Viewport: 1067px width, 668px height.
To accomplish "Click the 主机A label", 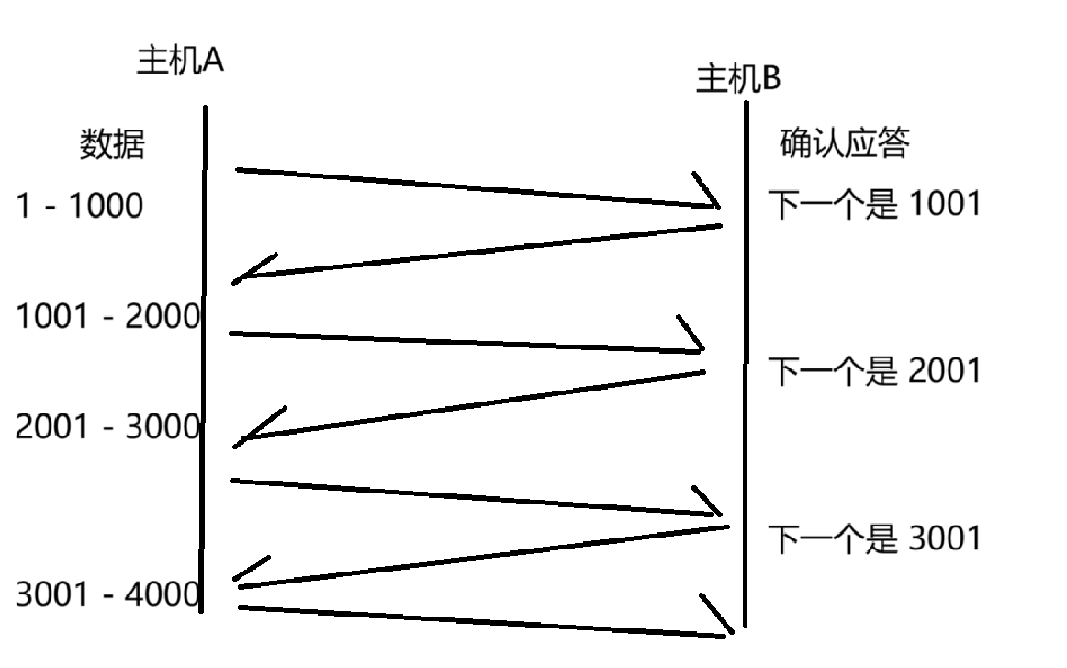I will click(180, 62).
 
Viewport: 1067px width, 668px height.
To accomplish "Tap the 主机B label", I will click(738, 80).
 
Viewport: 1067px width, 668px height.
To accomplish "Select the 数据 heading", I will click(112, 145).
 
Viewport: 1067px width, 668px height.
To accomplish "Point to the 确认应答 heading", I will click(844, 144).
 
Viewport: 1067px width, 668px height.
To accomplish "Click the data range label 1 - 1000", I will click(80, 206).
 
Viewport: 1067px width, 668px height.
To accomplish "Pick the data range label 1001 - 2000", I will click(108, 317).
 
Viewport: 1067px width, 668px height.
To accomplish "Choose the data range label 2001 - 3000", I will click(108, 427).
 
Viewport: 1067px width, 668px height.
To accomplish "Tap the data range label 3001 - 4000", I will click(108, 595).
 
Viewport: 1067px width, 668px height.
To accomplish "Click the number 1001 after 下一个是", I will click(944, 204).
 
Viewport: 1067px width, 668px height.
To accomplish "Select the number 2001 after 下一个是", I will click(944, 372).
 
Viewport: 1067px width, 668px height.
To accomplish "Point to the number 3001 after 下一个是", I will click(944, 538).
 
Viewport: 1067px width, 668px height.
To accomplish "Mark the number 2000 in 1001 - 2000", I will click(163, 317).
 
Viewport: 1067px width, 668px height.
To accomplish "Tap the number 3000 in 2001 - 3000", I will click(163, 427).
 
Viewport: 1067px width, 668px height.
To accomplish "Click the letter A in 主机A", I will click(213, 62).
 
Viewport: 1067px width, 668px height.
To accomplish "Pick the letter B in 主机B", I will click(770, 80).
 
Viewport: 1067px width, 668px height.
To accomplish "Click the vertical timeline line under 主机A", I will click(204, 368).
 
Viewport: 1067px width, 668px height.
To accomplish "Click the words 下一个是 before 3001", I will click(832, 539).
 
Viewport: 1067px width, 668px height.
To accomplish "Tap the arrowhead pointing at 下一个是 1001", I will click(712, 198).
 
